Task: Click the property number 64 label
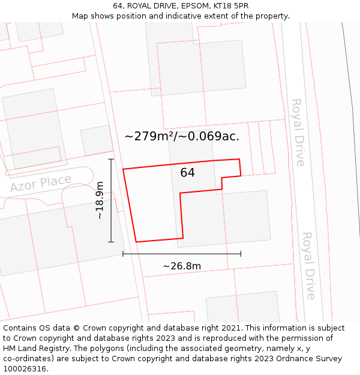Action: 187,173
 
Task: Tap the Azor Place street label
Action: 41,183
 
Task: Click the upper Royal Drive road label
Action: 298,133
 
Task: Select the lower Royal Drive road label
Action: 308,266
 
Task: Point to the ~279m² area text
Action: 149,136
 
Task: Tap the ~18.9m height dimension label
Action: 100,200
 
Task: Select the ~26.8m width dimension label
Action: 181,266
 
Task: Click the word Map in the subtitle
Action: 80,16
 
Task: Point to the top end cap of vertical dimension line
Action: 111,159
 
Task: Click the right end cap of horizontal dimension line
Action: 241,254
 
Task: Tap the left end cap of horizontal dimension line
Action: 123,254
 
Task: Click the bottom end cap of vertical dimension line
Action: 111,242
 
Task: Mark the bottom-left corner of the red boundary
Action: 136,242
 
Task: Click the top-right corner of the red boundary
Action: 239,159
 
